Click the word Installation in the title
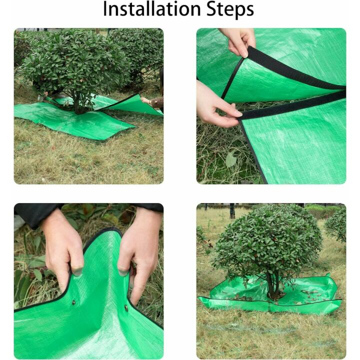coord(145,9)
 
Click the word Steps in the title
coord(227,9)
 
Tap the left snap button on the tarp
coord(73,302)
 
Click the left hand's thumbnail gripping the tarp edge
coord(76,271)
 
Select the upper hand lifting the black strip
coord(238,41)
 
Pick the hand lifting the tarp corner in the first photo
coord(146,100)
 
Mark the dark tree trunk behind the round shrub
coord(232,210)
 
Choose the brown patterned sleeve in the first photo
coord(156,102)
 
